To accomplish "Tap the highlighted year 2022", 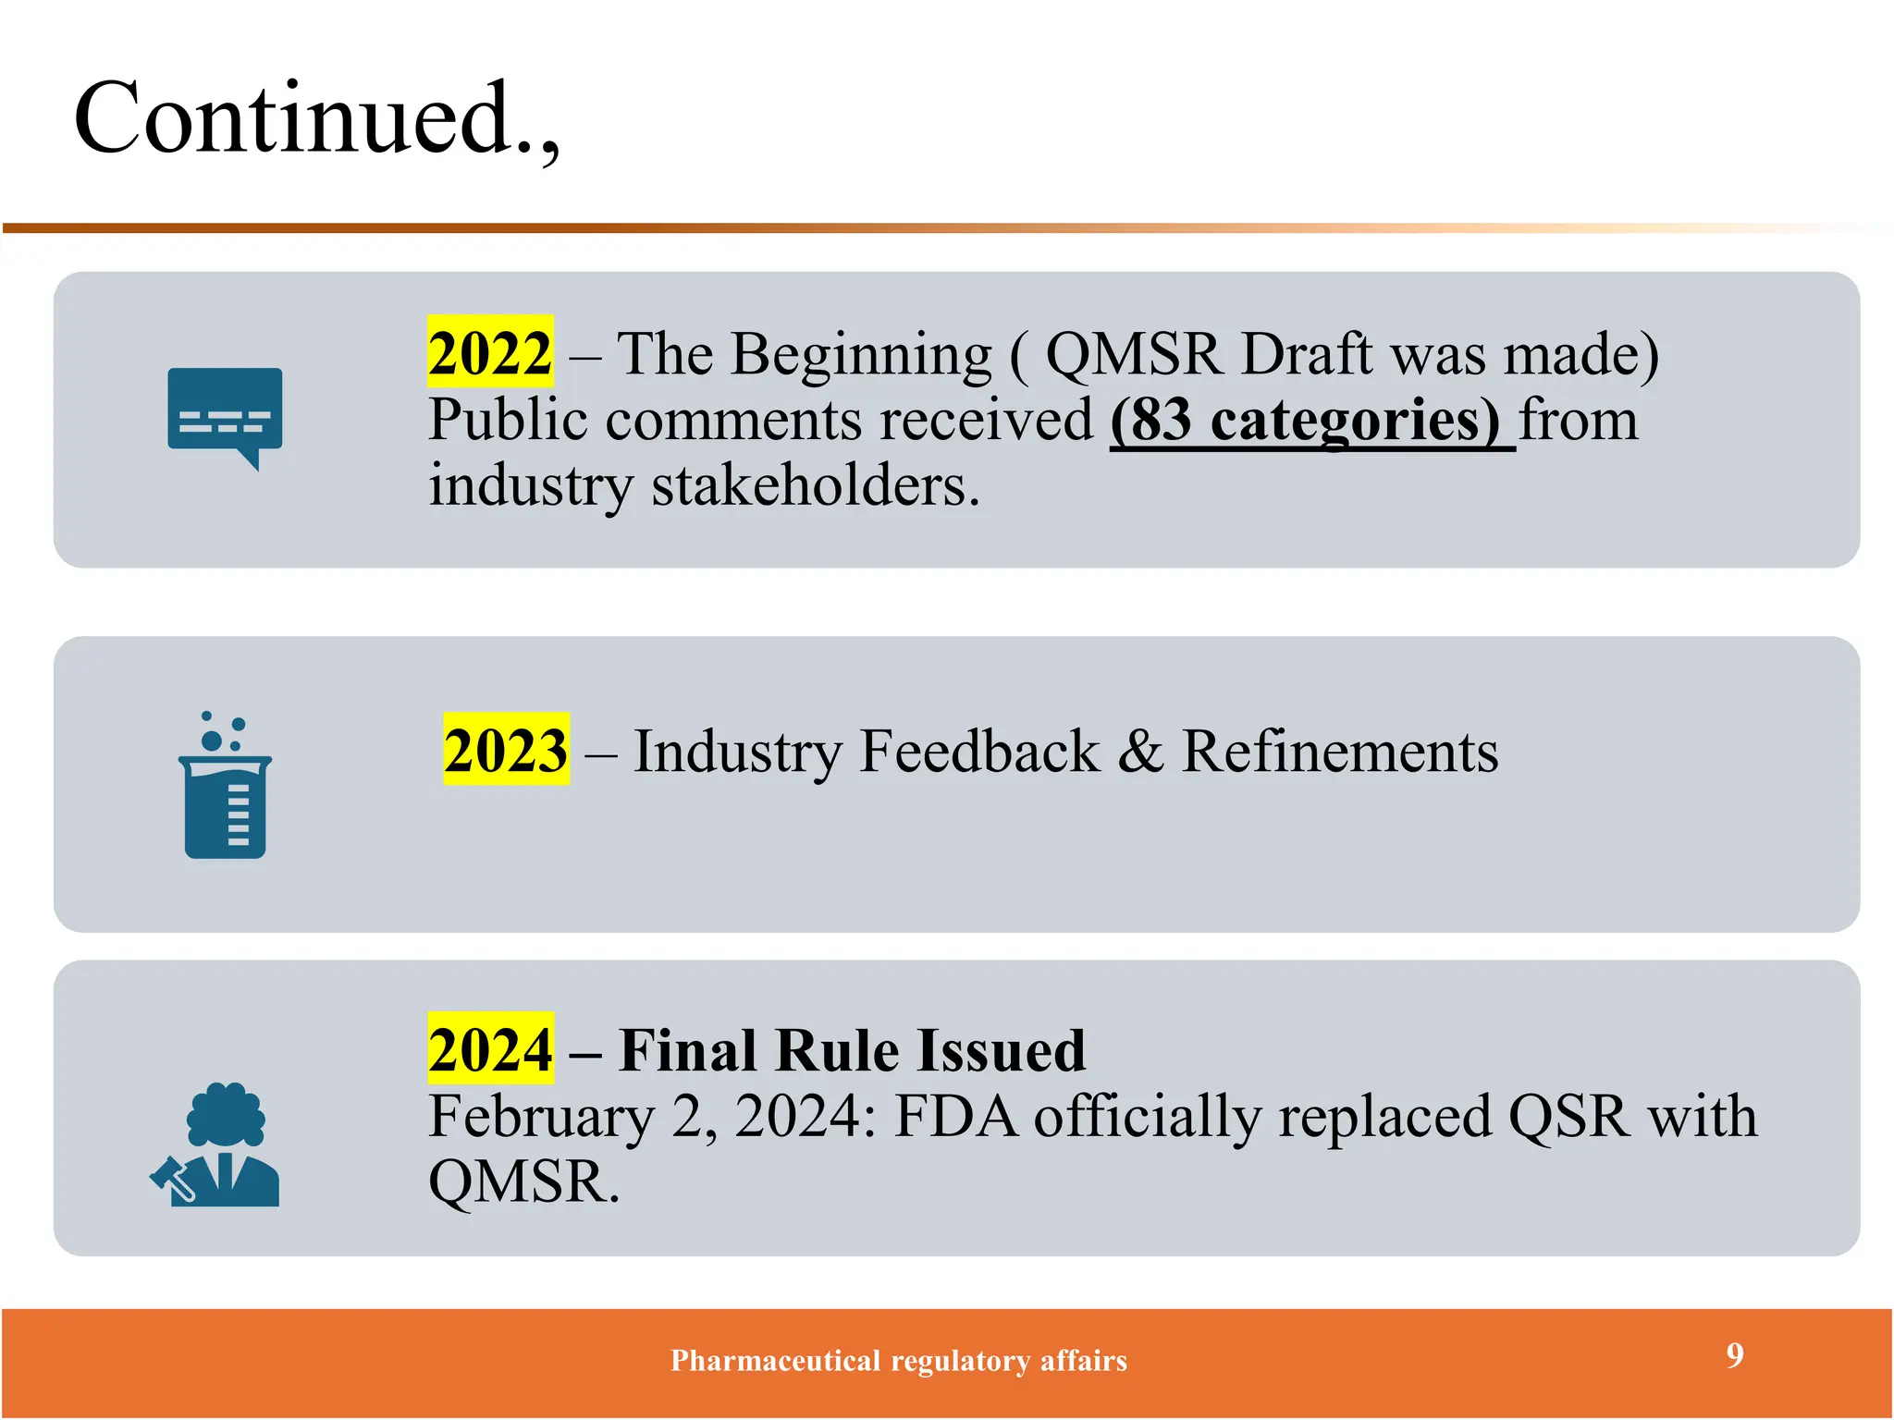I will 490,353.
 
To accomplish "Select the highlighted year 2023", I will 506,750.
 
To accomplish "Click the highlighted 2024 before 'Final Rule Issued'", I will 490,1049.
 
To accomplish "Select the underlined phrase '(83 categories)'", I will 1311,421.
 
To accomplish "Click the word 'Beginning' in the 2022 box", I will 860,354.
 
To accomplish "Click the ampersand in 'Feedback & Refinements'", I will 1140,751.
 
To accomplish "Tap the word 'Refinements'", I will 1340,751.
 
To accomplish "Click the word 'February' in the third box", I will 541,1117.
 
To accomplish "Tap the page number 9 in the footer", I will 1735,1355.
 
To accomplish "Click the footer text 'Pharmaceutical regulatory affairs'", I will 899,1361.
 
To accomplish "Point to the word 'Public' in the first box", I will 508,421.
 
